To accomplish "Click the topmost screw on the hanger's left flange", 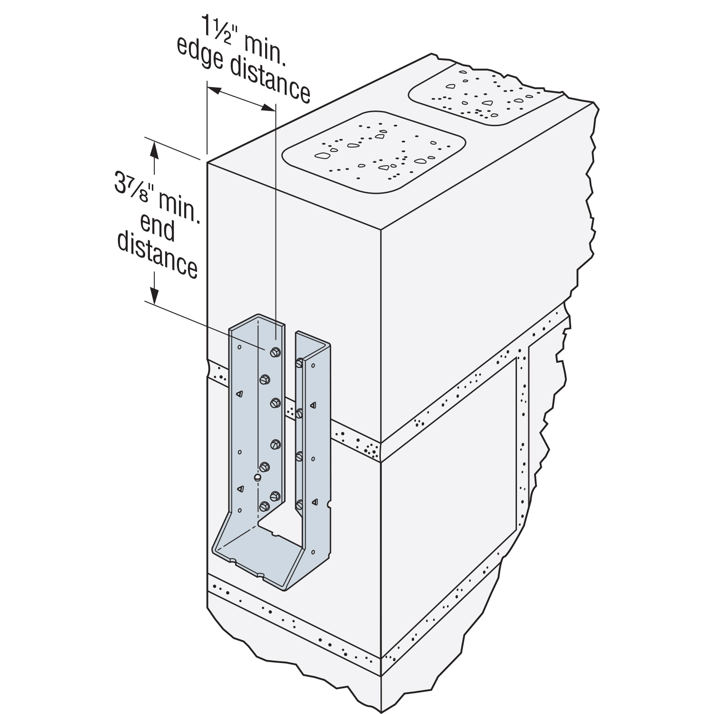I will pyautogui.click(x=275, y=352).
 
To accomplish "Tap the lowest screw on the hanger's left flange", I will pyautogui.click(x=265, y=506).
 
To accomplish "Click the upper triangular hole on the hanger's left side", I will pyautogui.click(x=240, y=394).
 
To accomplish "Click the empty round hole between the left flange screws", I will pyautogui.click(x=258, y=477).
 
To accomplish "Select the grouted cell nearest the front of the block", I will pyautogui.click(x=374, y=151).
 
